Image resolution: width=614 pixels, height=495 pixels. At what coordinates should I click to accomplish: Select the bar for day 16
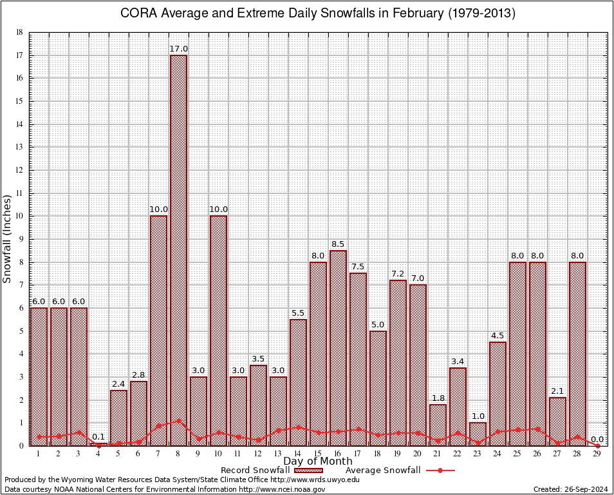tap(338, 348)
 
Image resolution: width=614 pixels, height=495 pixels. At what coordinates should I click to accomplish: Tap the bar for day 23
tap(478, 434)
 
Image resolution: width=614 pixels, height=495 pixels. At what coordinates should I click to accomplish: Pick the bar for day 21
tap(438, 425)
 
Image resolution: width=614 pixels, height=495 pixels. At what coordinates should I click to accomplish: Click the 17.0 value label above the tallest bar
tap(178, 49)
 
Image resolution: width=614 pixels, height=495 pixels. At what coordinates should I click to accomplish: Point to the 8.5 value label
tap(338, 244)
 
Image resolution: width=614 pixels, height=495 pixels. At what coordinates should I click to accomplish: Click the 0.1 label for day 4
tap(98, 437)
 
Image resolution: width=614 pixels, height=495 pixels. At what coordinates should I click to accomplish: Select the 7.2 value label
tap(398, 274)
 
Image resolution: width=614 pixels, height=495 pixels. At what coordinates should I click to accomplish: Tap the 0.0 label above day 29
tap(597, 439)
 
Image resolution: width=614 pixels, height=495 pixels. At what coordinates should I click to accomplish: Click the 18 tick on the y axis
tap(19, 32)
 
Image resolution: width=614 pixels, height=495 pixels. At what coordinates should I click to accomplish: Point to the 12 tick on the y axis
tap(19, 170)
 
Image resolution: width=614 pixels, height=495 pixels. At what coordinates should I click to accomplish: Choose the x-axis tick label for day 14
tap(298, 454)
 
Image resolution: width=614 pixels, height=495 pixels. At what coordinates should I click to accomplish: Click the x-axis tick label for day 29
tap(597, 454)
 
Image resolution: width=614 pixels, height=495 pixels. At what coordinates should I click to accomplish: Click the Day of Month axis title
tap(318, 461)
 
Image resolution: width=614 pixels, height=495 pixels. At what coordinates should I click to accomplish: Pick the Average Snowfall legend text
tap(382, 471)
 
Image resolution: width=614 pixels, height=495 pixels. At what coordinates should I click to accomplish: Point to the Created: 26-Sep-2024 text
tap(570, 489)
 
